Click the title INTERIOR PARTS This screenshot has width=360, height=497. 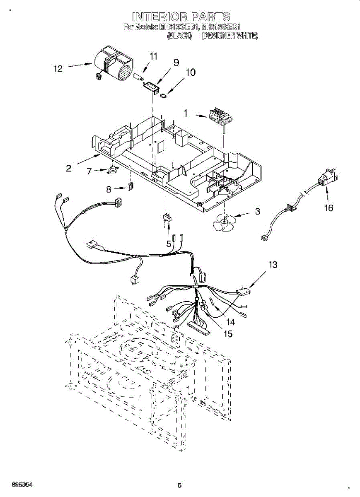click(x=181, y=17)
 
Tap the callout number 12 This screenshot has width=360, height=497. click(x=58, y=69)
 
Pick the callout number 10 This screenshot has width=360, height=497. click(x=190, y=72)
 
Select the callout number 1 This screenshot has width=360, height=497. click(x=186, y=112)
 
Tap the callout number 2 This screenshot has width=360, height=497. click(x=68, y=168)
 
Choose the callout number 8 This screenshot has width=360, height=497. click(x=109, y=189)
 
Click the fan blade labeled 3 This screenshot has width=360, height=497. click(x=224, y=222)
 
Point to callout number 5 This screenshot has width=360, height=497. click(x=169, y=244)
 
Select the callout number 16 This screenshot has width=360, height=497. click(x=328, y=208)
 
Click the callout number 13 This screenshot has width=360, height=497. click(x=273, y=264)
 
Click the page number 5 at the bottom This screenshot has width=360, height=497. click(x=179, y=486)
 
